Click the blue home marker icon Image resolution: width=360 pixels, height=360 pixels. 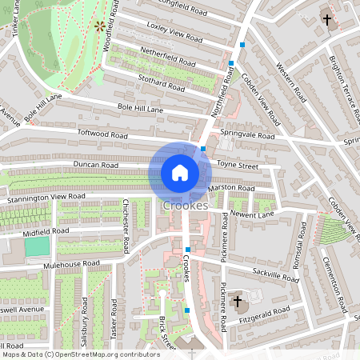click(x=180, y=173)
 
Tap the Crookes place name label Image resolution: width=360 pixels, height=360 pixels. click(x=185, y=206)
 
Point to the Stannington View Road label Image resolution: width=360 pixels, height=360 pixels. click(x=42, y=195)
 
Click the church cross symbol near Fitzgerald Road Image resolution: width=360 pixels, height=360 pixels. click(x=237, y=302)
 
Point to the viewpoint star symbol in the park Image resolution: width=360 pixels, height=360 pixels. click(x=100, y=26)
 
